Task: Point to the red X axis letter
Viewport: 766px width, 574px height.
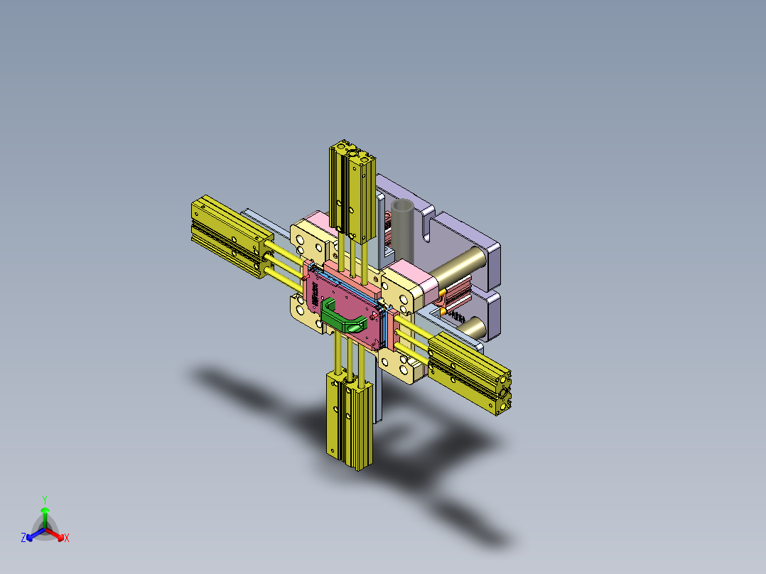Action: click(x=67, y=538)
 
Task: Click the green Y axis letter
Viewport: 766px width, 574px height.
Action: click(x=44, y=499)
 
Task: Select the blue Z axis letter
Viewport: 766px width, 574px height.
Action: click(x=23, y=538)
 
